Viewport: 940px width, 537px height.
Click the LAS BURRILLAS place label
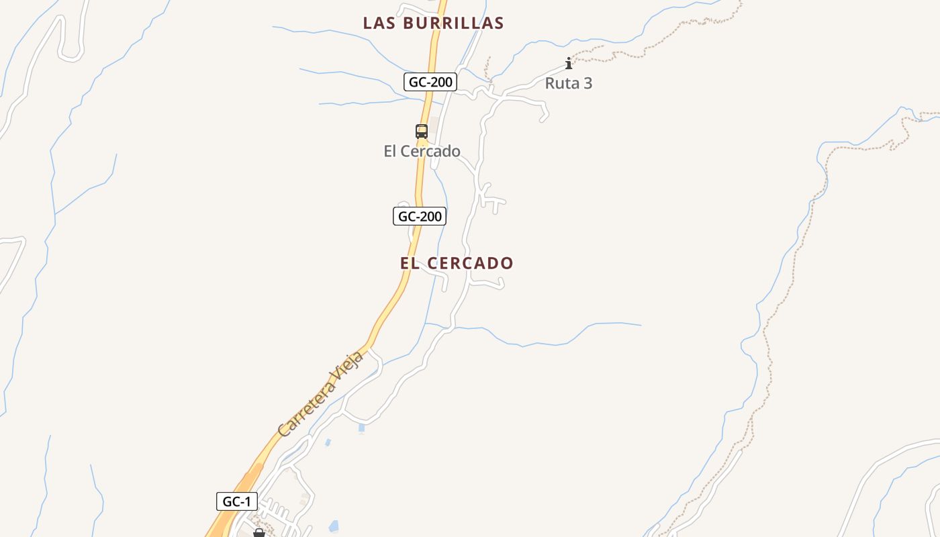[433, 23]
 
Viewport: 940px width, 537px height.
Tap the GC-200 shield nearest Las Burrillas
[430, 83]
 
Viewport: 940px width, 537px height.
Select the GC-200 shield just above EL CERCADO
[420, 216]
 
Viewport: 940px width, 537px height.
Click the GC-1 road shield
[236, 501]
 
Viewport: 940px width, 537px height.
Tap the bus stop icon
[422, 132]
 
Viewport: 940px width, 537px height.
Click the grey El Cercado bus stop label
[422, 151]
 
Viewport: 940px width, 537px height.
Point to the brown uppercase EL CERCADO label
[457, 263]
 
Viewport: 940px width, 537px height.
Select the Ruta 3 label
[568, 83]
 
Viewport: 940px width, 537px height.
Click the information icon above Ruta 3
[569, 64]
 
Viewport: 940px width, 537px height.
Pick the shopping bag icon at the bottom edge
[259, 533]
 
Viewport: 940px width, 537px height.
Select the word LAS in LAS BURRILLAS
[377, 23]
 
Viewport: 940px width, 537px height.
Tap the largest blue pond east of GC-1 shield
[334, 526]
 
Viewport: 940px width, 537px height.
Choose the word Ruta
[560, 83]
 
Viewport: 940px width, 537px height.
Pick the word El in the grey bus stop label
[390, 151]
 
